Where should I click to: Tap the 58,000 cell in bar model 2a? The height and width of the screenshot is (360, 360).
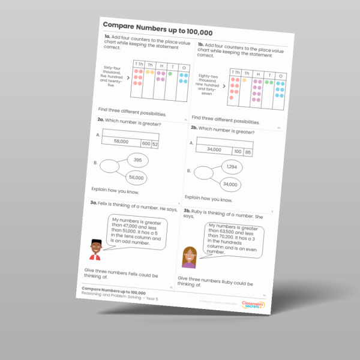(x=120, y=142)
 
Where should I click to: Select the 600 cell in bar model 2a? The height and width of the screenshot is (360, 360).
(x=146, y=144)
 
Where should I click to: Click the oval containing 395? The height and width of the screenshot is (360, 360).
(x=137, y=160)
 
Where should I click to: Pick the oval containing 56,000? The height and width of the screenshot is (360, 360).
(x=136, y=178)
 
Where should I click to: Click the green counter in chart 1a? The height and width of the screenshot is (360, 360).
(x=170, y=74)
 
